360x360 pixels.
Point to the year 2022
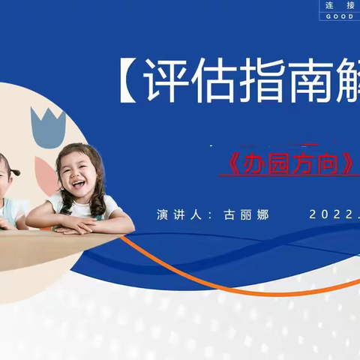tap(330, 214)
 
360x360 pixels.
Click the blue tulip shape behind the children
tap(49, 127)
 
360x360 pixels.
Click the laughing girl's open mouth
tap(78, 181)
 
